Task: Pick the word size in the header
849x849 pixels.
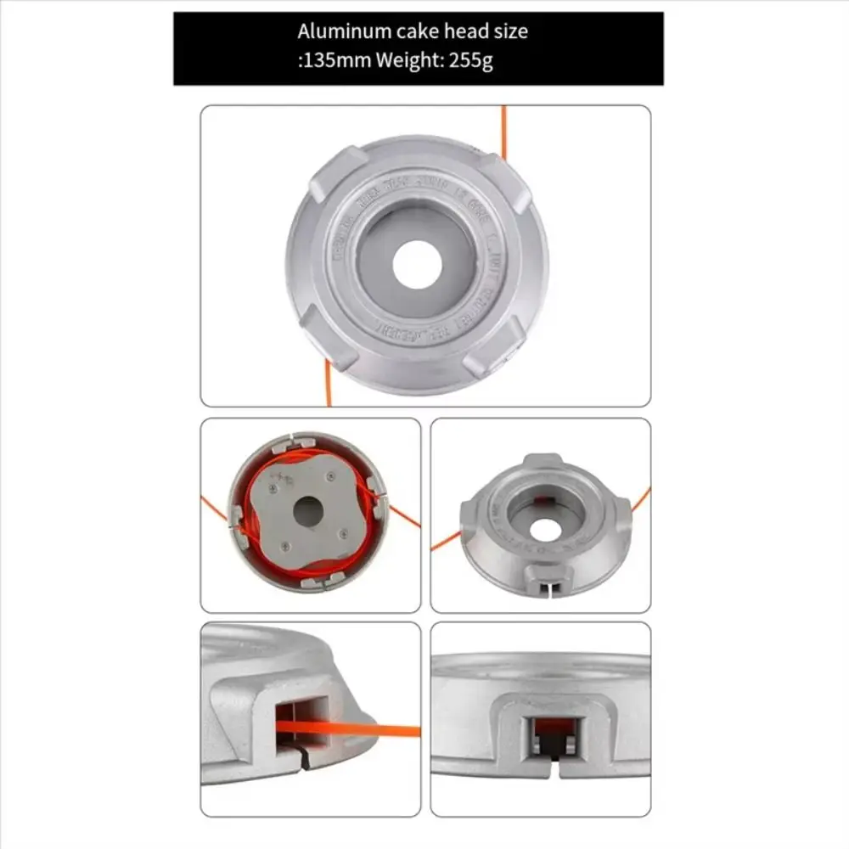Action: [x=509, y=32]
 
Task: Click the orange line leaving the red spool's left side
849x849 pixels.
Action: [x=214, y=508]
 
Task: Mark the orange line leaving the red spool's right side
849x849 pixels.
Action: [x=404, y=514]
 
